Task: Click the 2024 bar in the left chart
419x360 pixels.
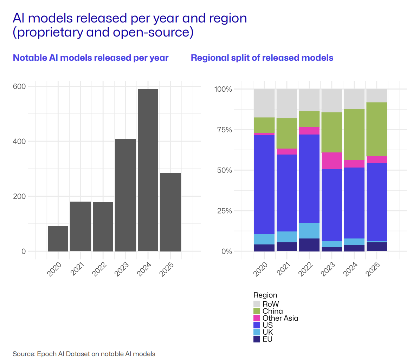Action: tap(148, 170)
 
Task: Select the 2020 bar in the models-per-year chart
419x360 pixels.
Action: tap(58, 238)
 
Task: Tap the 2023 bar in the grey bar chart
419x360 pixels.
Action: tap(125, 195)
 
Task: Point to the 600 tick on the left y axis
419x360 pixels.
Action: tap(19, 86)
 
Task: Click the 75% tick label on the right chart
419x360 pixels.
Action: tap(223, 130)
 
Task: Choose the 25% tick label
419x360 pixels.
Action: tap(223, 211)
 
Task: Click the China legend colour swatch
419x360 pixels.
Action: tap(257, 311)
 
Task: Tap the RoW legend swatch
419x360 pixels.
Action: tap(257, 304)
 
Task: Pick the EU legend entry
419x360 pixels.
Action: tap(267, 339)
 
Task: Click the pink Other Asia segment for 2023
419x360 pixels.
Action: tap(332, 161)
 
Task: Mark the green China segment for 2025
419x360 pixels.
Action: tap(377, 129)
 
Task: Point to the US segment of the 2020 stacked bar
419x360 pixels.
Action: tap(264, 184)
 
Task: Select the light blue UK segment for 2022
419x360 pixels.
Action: tap(309, 231)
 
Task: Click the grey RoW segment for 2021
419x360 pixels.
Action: tap(287, 104)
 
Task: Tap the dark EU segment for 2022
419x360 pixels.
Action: tap(309, 245)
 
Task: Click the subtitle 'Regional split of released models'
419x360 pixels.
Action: tap(262, 58)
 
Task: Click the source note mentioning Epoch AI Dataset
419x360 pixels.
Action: tap(84, 354)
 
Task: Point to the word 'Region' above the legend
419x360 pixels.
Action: tap(265, 295)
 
